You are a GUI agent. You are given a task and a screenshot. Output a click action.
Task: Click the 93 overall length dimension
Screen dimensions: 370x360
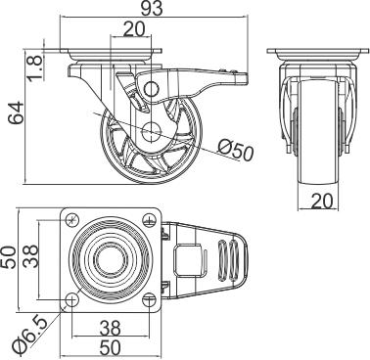tap(152, 9)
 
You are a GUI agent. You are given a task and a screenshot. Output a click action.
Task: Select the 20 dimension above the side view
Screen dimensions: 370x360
tap(134, 29)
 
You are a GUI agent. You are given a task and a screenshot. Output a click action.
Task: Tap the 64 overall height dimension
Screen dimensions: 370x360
tap(16, 112)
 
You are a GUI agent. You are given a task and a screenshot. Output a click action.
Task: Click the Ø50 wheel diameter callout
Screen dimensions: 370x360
tap(236, 150)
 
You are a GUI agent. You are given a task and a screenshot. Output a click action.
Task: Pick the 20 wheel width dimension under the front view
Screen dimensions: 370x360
tap(322, 201)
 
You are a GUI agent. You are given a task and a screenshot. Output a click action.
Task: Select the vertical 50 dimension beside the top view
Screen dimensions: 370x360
tap(9, 257)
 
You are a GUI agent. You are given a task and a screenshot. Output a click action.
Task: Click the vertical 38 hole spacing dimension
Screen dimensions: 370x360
tap(31, 256)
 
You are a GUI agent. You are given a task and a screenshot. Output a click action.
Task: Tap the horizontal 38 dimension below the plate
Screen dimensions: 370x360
tap(110, 329)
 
